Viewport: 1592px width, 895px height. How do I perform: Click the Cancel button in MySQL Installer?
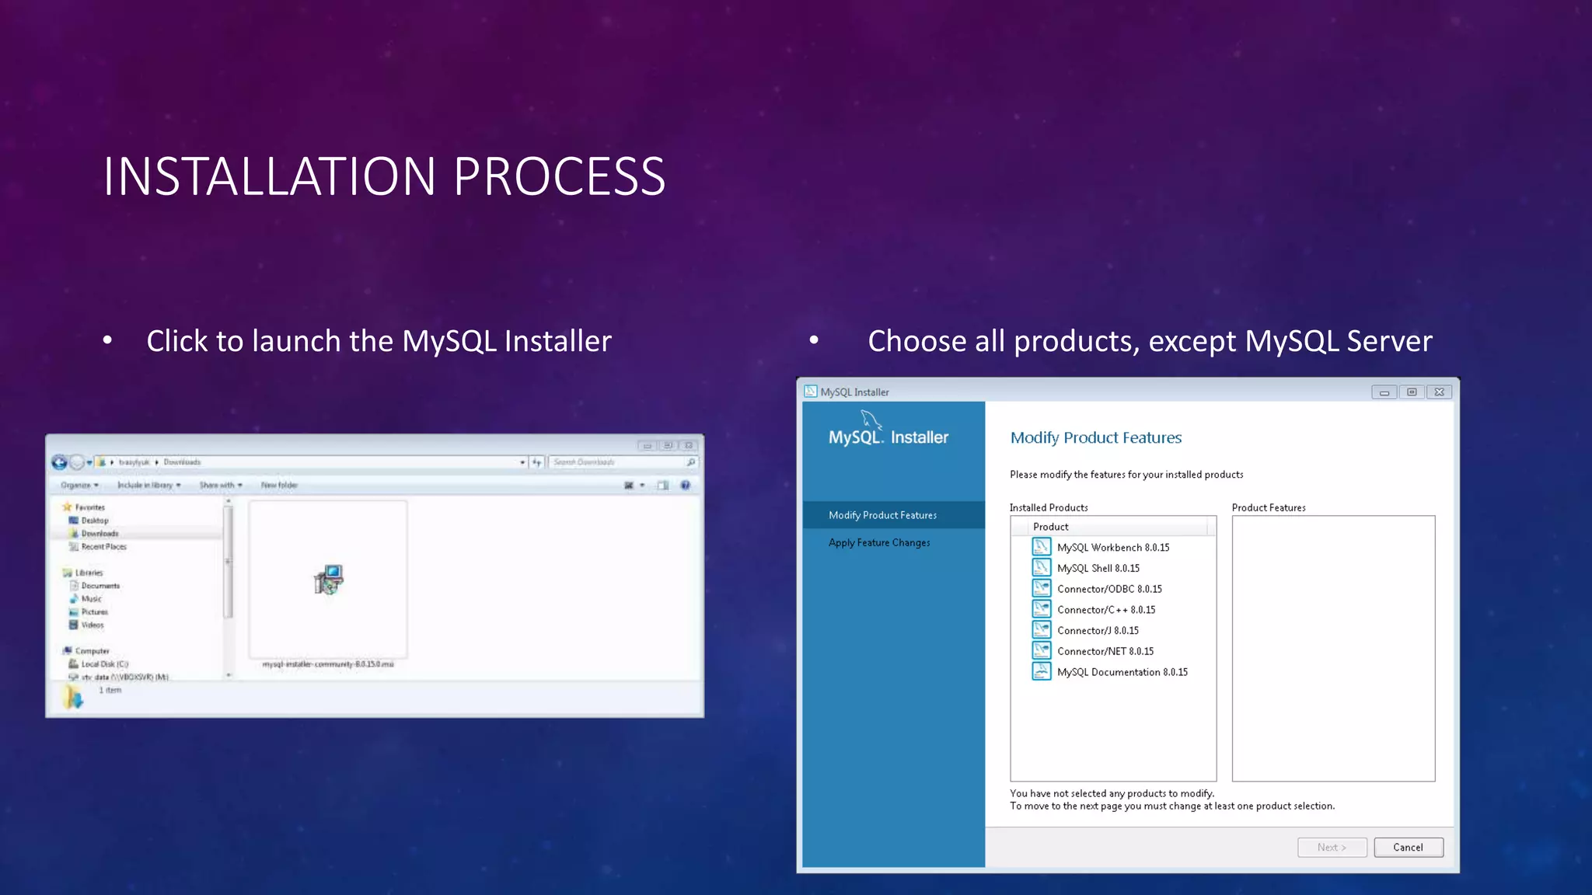coord(1408,847)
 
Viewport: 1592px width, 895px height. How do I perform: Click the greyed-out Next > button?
coord(1332,847)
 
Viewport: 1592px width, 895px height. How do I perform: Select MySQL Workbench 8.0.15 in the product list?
coord(1112,548)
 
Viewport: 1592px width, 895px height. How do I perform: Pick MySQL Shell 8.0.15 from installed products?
coord(1098,569)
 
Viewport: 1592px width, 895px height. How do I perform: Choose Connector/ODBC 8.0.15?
coord(1108,589)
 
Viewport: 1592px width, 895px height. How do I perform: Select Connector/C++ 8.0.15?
coord(1105,610)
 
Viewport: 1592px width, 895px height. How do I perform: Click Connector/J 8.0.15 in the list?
coord(1097,631)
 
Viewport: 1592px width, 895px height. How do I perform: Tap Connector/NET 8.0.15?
coord(1105,652)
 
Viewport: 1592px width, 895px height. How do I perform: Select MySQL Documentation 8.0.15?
coord(1122,672)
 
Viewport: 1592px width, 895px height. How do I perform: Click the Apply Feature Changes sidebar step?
coord(878,542)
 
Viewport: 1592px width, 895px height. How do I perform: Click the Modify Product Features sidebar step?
coord(882,515)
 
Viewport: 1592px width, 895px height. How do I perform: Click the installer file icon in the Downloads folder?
coord(329,580)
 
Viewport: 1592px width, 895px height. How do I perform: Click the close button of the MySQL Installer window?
coord(1439,392)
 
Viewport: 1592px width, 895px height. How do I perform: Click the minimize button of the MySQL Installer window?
coord(1384,392)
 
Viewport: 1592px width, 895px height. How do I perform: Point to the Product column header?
coord(1050,527)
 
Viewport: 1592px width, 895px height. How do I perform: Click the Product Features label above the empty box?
coord(1268,507)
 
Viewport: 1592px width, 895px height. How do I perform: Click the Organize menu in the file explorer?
coord(79,485)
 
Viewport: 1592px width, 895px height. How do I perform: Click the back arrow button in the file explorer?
coord(59,462)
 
